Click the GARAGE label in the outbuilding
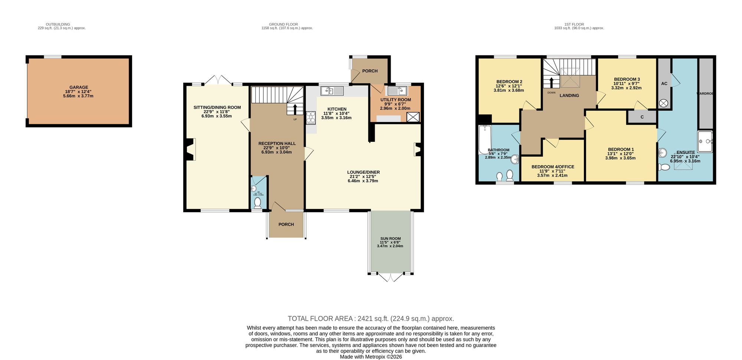pyautogui.click(x=79, y=88)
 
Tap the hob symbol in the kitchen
pyautogui.click(x=311, y=118)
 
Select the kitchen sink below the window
pyautogui.click(x=332, y=91)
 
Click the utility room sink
pyautogui.click(x=397, y=91)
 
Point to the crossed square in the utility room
pyautogui.click(x=413, y=117)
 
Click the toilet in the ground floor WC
pyautogui.click(x=257, y=203)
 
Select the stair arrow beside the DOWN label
pyautogui.click(x=551, y=83)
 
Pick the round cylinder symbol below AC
pyautogui.click(x=664, y=103)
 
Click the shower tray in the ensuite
pyautogui.click(x=705, y=141)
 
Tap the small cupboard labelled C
pyautogui.click(x=642, y=117)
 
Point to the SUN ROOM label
pyautogui.click(x=390, y=239)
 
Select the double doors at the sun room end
pyautogui.click(x=390, y=277)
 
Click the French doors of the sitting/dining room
pyautogui.click(x=218, y=80)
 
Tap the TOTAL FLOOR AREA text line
pyautogui.click(x=371, y=318)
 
